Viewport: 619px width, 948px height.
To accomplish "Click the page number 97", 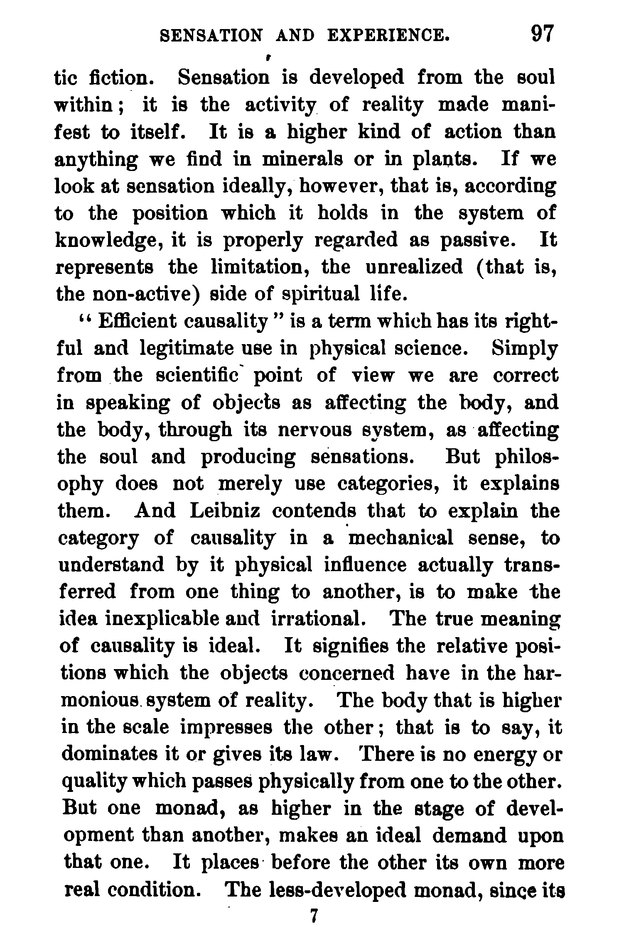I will point(543,34).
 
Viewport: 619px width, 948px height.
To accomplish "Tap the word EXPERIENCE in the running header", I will point(388,36).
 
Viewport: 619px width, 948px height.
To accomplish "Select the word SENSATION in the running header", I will point(211,36).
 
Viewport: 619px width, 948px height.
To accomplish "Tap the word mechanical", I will point(401,538).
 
